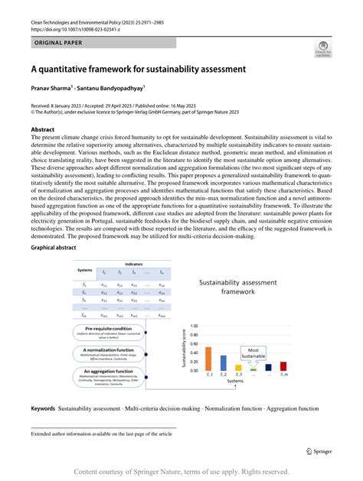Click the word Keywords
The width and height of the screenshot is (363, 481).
[43, 408]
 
